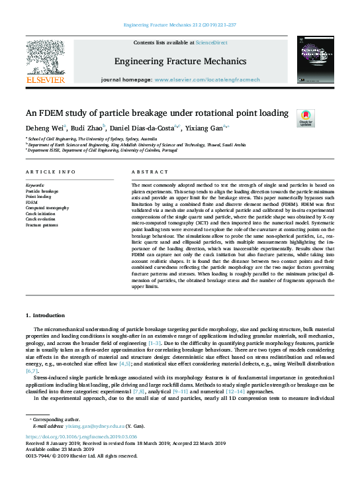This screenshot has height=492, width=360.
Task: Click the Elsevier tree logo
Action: coord(45,60)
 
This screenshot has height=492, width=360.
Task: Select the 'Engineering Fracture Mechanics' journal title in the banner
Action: coord(180,62)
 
